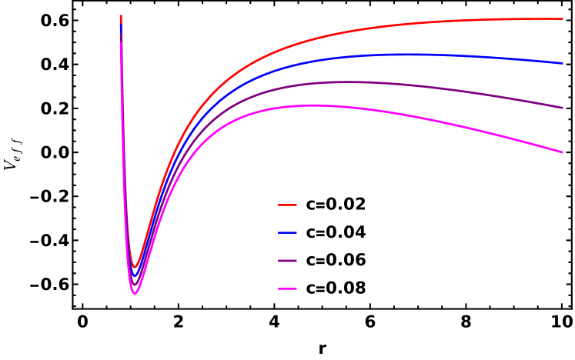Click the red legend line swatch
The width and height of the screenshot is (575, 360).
tap(287, 205)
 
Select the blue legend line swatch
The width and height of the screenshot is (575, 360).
tap(287, 232)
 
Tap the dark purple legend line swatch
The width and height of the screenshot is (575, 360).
tap(287, 261)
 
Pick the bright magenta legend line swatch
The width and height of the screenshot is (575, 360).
tap(287, 289)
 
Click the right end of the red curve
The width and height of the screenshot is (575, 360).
tap(563, 18)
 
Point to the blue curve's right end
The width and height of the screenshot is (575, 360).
tap(563, 63)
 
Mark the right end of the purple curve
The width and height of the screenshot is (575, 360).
tap(563, 108)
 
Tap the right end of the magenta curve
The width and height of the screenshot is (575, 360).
tap(563, 152)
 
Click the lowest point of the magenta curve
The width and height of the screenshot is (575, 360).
tap(135, 294)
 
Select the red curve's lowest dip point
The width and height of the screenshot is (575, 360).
tap(135, 267)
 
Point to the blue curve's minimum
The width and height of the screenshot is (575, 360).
tap(135, 275)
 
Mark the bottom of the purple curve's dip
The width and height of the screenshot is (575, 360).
tap(135, 285)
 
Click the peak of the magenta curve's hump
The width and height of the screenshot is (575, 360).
tap(312, 105)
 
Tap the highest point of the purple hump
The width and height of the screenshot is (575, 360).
tap(346, 82)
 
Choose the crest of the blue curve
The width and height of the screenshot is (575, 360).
tap(400, 55)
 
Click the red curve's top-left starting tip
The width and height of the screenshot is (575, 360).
tap(121, 16)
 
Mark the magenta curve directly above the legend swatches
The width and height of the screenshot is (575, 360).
tap(287, 107)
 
